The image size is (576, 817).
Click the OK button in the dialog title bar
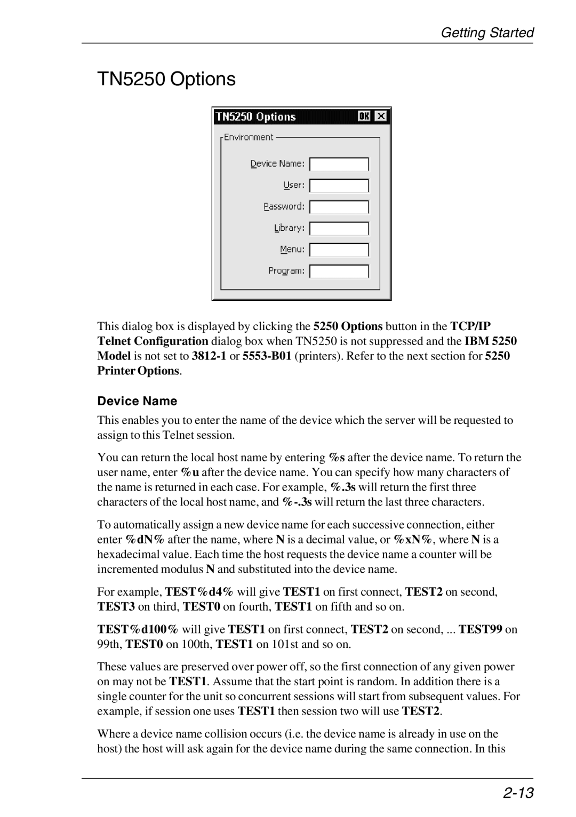click(364, 116)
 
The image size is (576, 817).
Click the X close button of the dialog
click(381, 116)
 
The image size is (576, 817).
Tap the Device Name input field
click(339, 164)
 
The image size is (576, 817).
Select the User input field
click(339, 186)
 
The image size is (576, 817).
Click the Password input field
click(339, 207)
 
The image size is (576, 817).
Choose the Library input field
click(339, 228)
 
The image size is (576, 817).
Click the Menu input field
click(339, 250)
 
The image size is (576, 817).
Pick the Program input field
click(339, 271)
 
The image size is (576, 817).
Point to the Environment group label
click(249, 137)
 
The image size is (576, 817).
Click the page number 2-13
click(517, 793)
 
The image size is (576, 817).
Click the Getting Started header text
click(486, 33)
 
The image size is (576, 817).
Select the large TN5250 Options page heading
click(166, 79)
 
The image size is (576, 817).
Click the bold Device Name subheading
click(137, 401)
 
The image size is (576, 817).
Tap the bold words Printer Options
click(139, 371)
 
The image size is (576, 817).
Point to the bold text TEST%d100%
click(138, 629)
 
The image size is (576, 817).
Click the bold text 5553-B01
click(267, 356)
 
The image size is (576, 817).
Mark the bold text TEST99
click(480, 629)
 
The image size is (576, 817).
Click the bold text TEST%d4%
click(199, 591)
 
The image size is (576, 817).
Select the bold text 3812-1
click(210, 356)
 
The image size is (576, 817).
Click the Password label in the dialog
click(284, 206)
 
